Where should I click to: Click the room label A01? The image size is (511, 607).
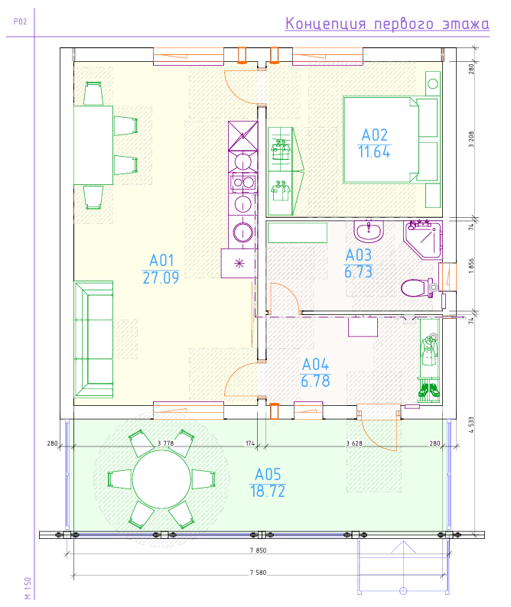[x=161, y=261]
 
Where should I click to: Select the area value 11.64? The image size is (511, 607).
[x=374, y=151]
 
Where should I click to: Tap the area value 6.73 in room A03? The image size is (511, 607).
[x=358, y=271]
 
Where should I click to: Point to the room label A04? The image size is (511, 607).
[x=315, y=365]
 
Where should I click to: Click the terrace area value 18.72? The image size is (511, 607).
[x=268, y=492]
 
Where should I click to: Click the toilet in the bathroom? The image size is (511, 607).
[x=418, y=288]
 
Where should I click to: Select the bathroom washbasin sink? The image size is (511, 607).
[x=369, y=231]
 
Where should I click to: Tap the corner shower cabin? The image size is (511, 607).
[x=424, y=239]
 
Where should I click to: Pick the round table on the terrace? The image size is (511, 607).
[x=161, y=479]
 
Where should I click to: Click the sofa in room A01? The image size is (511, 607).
[x=93, y=339]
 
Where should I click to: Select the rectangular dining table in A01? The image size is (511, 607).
[x=93, y=145]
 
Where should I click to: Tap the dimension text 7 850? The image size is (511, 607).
[x=258, y=550]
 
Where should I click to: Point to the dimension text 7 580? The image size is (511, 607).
[x=258, y=572]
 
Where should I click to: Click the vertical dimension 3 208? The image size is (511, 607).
[x=471, y=139]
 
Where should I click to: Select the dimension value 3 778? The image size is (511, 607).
[x=165, y=443]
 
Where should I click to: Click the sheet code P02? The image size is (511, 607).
[x=20, y=21]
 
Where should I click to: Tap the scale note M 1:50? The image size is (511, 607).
[x=28, y=588]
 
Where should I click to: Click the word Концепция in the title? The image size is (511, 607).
[x=325, y=24]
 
